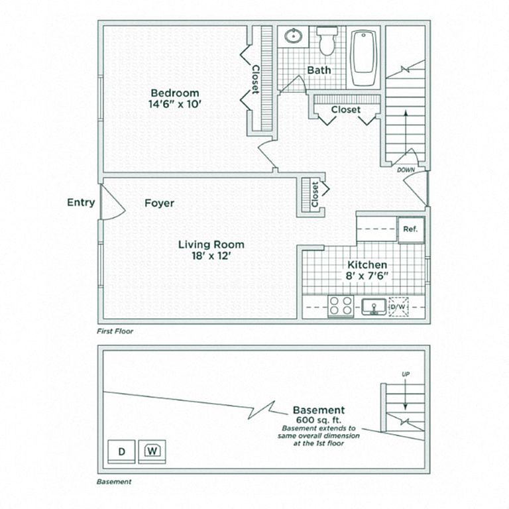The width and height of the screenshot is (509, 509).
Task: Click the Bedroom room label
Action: [174, 92]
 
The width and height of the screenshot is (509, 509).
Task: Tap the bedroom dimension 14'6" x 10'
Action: [174, 103]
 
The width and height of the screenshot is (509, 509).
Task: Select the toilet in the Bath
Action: [327, 42]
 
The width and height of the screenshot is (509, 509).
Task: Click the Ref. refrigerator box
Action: [409, 230]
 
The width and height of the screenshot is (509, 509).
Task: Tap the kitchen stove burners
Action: [341, 306]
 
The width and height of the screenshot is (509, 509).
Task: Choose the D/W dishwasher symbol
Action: [398, 307]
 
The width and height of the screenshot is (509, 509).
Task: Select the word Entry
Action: [81, 203]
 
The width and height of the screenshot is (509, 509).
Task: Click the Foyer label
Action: [159, 203]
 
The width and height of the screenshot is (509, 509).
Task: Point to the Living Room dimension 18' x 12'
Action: [211, 256]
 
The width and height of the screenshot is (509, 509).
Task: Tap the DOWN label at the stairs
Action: [406, 170]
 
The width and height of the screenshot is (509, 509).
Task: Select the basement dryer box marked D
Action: [121, 451]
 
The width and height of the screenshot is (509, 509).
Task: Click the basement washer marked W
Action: [152, 451]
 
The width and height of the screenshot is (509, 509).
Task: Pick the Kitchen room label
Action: [367, 264]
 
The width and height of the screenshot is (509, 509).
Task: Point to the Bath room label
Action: [319, 70]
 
